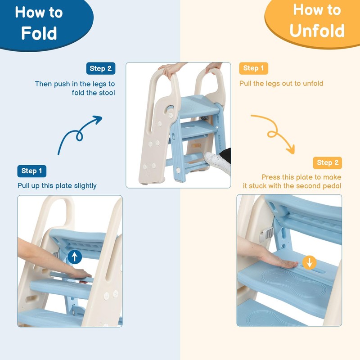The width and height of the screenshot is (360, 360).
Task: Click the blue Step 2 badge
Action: click(101, 68)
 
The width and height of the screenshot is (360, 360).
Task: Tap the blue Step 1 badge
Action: click(31, 171)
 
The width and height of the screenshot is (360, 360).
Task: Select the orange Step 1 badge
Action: click(253, 68)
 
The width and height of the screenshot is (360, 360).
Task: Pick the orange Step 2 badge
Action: click(328, 163)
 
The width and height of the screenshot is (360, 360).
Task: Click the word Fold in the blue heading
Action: click(39, 33)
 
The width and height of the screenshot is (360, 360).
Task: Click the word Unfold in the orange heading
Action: click(317, 31)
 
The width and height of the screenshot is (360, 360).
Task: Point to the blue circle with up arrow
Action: click(75, 256)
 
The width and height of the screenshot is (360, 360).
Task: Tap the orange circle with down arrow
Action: click(310, 263)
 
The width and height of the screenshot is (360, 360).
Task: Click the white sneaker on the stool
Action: click(217, 162)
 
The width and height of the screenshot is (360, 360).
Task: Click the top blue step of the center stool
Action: click(199, 106)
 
